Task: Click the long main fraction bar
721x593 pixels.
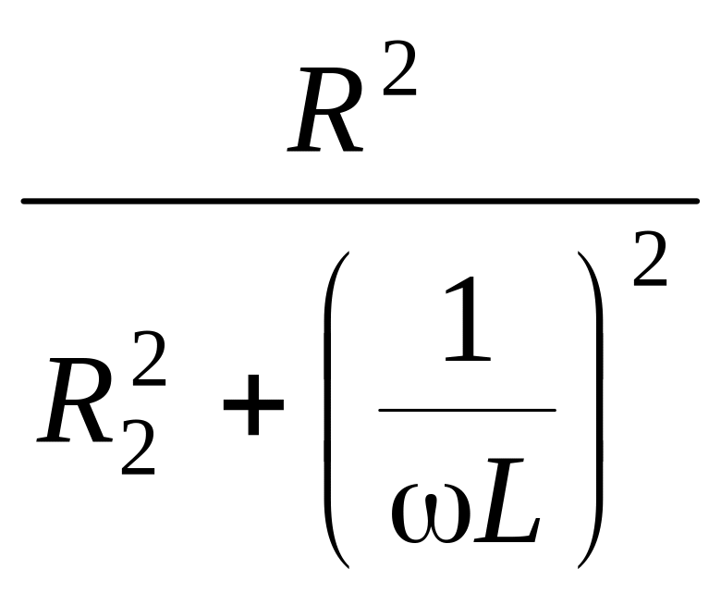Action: click(x=360, y=200)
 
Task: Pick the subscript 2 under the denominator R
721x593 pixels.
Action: click(x=139, y=451)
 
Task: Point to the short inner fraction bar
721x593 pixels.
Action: click(x=467, y=409)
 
